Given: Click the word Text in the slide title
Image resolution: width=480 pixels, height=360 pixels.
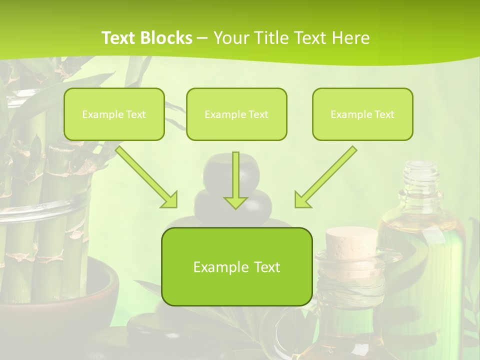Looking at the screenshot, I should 118,38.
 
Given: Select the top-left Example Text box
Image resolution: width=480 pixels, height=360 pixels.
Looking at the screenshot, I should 114,114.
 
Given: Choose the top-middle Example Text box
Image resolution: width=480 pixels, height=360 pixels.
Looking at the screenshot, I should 236,114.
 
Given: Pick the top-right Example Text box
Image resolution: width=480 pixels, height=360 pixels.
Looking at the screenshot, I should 362,114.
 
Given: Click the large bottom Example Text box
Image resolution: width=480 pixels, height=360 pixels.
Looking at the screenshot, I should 236,266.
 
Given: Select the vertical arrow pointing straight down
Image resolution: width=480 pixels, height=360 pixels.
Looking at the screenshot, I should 235,180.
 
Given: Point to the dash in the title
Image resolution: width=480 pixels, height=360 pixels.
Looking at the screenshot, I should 202,38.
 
